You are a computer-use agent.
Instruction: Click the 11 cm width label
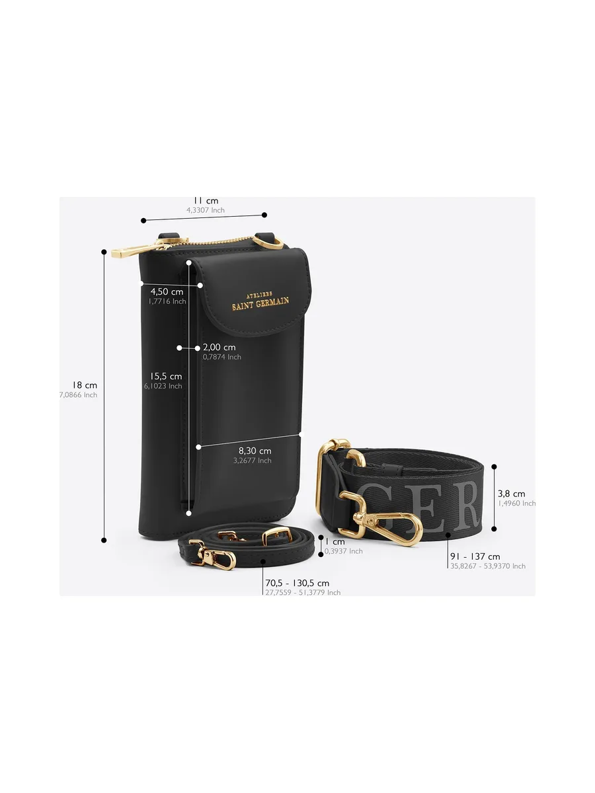[x=206, y=200]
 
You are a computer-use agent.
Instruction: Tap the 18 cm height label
[x=85, y=385]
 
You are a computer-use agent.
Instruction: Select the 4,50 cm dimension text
[x=167, y=291]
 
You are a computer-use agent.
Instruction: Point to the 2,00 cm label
[x=219, y=347]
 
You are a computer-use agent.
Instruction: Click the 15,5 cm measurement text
[x=166, y=377]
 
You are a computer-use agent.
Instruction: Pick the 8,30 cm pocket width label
[x=255, y=451]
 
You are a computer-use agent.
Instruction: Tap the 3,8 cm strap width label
[x=512, y=494]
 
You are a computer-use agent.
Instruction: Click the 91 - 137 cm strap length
[x=475, y=556]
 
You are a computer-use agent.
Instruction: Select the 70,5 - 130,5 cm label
[x=297, y=583]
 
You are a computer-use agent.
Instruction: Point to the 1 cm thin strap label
[x=335, y=541]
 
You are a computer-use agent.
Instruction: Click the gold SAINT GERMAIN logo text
[x=260, y=303]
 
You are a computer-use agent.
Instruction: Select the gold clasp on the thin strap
[x=212, y=556]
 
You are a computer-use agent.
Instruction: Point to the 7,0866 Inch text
[x=79, y=395]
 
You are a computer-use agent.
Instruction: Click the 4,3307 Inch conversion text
[x=206, y=210]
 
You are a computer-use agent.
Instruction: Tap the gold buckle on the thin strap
[x=277, y=535]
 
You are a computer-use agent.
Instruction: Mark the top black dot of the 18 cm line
[x=104, y=252]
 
